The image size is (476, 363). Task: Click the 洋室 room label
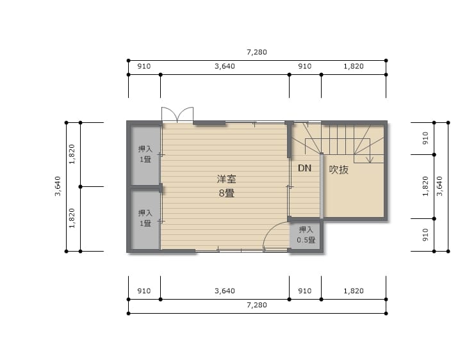click(226, 179)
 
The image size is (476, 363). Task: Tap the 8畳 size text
click(226, 193)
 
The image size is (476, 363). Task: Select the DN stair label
click(304, 168)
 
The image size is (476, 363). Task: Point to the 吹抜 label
click(339, 170)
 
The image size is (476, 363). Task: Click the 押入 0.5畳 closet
click(306, 236)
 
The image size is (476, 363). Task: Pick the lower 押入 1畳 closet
click(145, 219)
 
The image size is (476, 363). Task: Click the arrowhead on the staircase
click(370, 159)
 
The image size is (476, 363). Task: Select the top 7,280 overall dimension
click(257, 52)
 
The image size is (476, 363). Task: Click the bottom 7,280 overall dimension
click(257, 305)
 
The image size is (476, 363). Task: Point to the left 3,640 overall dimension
click(58, 186)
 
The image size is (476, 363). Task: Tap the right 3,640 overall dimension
click(439, 186)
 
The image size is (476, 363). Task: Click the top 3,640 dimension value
click(225, 66)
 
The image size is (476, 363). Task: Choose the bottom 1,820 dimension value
click(354, 291)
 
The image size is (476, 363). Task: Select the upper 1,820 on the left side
click(72, 154)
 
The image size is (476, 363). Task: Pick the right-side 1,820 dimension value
click(425, 186)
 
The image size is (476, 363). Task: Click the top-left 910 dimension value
click(144, 66)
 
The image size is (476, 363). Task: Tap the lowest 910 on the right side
click(425, 235)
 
